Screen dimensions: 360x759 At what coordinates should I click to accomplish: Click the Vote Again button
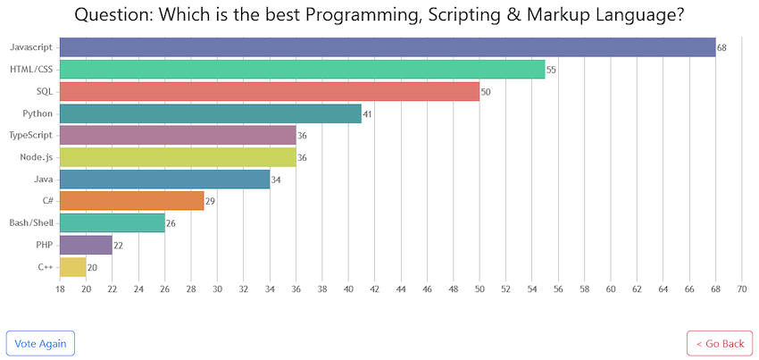[40, 343]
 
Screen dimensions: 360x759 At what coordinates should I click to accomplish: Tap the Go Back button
[719, 343]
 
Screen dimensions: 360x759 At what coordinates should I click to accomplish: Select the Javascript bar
[388, 47]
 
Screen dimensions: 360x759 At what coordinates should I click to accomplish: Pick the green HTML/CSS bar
[302, 70]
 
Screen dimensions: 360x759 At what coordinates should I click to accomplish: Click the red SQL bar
[270, 91]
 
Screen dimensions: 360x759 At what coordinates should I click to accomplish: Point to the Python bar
[211, 113]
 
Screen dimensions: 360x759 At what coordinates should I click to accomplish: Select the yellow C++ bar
[72, 267]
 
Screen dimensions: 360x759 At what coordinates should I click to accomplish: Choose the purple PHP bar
[86, 245]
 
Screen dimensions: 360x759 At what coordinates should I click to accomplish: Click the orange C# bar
[131, 201]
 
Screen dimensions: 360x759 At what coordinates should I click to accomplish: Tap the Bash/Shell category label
[30, 223]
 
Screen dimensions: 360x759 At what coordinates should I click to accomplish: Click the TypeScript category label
[31, 135]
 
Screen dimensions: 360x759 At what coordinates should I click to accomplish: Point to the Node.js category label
[36, 157]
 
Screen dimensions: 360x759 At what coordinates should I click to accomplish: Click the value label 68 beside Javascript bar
[722, 48]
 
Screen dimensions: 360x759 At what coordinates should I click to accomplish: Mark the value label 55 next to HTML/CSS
[552, 70]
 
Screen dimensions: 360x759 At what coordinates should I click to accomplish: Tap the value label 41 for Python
[368, 113]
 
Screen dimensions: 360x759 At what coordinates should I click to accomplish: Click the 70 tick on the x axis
[741, 289]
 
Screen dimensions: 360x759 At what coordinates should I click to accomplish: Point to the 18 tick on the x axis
[60, 289]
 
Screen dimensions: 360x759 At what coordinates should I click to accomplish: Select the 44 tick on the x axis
[401, 289]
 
